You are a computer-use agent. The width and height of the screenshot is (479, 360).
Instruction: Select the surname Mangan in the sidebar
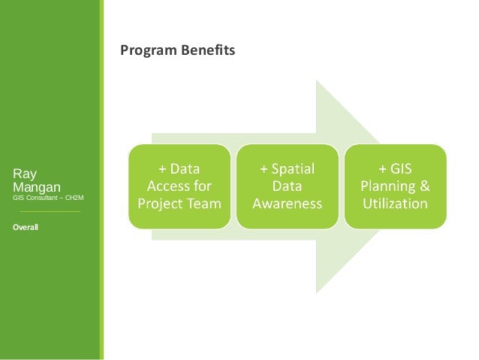pyautogui.click(x=37, y=186)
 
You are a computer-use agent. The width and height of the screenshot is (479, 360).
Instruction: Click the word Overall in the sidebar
pyautogui.click(x=26, y=226)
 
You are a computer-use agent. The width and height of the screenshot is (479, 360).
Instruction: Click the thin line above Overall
pyautogui.click(x=50, y=212)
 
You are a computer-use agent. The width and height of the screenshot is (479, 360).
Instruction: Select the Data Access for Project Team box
pyautogui.click(x=179, y=186)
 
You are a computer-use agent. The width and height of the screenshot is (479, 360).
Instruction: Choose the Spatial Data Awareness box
pyautogui.click(x=287, y=186)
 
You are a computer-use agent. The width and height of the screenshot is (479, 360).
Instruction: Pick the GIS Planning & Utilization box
pyautogui.click(x=395, y=186)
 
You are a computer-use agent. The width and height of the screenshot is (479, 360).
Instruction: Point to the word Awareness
pyautogui.click(x=287, y=204)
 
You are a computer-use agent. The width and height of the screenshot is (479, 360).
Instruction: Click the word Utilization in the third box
pyautogui.click(x=395, y=204)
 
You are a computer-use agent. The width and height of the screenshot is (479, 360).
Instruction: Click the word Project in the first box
pyautogui.click(x=159, y=204)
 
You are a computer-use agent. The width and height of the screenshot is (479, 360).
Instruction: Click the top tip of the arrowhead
pyautogui.click(x=317, y=80)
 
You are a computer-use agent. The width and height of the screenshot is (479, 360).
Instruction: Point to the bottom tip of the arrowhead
pyautogui.click(x=317, y=292)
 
